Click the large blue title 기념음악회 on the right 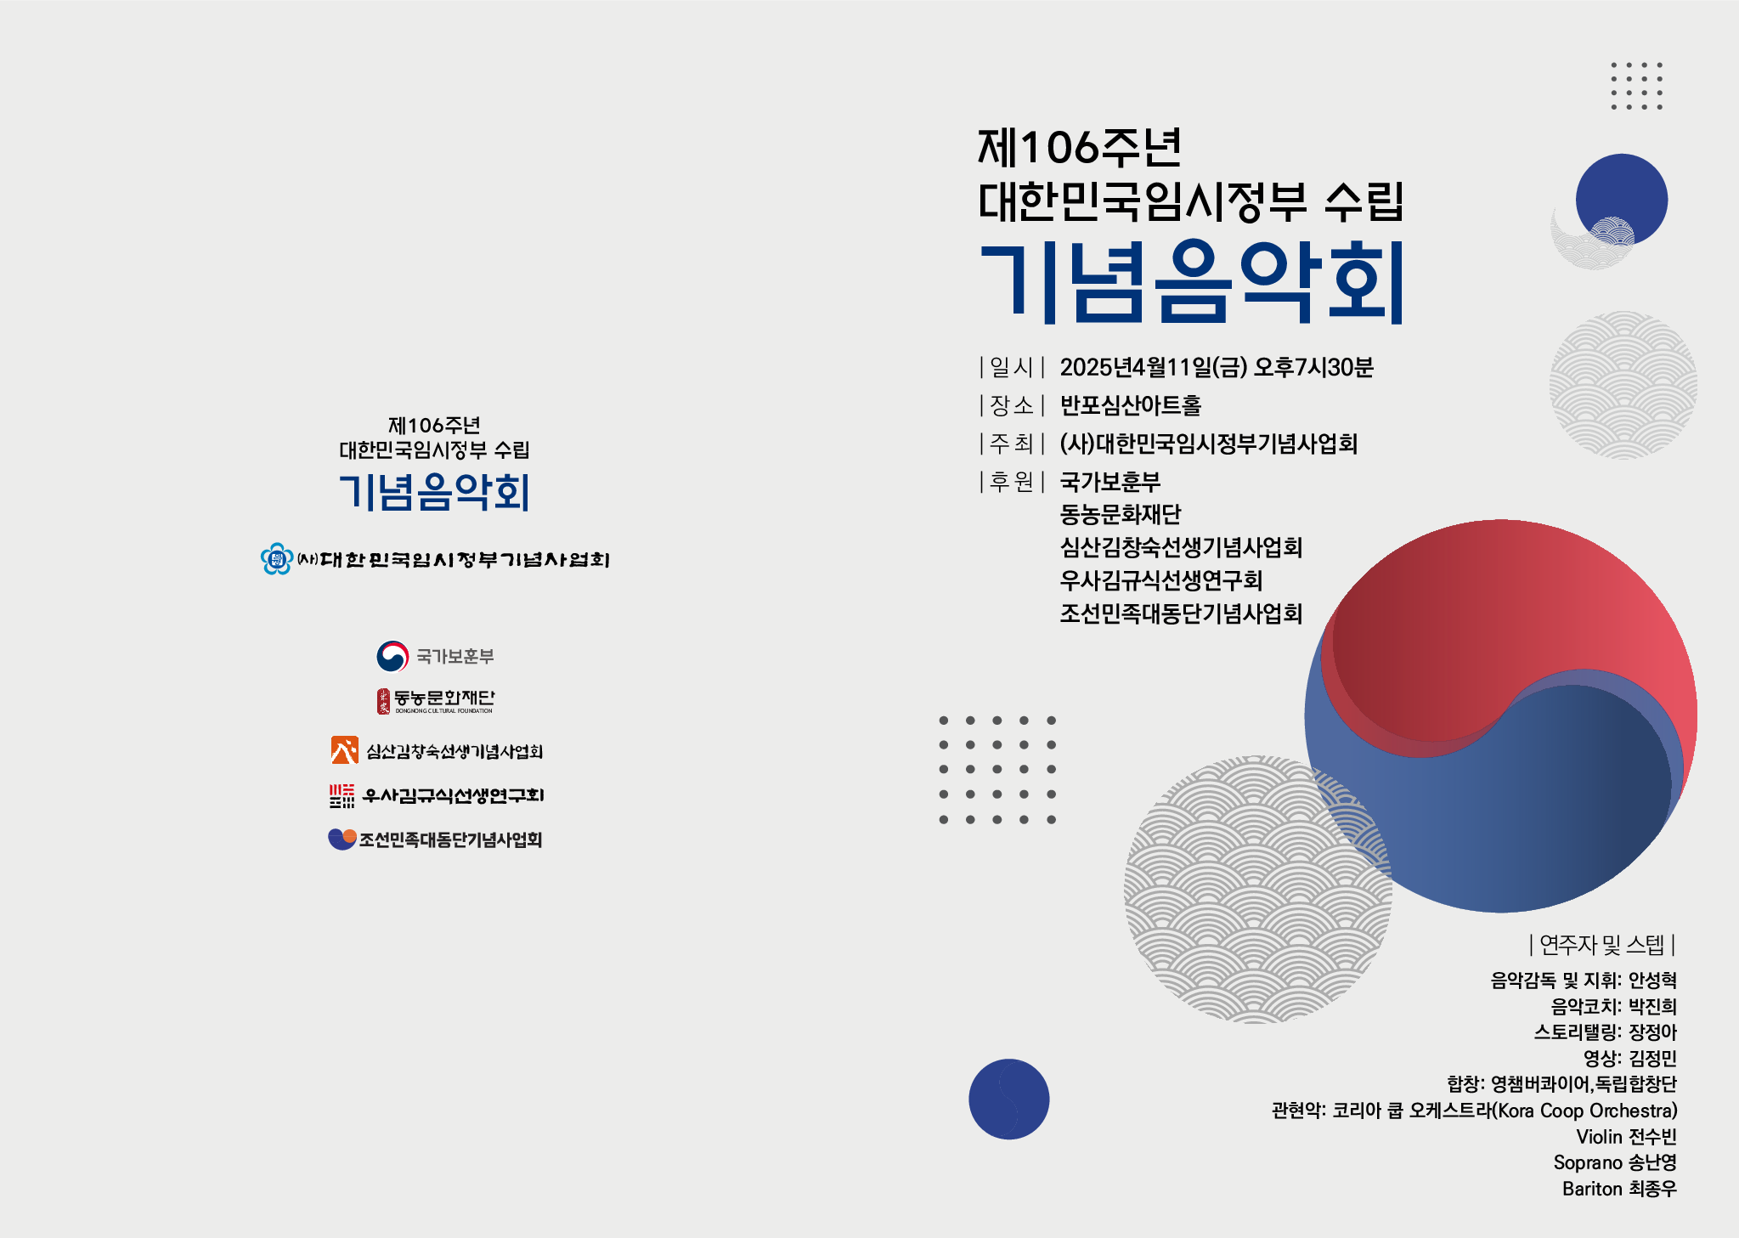[x=1191, y=282]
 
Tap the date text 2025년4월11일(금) [x=1153, y=367]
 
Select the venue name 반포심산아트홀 [x=1130, y=405]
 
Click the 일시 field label [x=1011, y=367]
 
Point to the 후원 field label [x=1011, y=482]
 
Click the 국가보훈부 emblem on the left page [x=392, y=656]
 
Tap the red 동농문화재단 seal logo [x=384, y=701]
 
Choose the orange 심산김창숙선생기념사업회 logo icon [x=344, y=750]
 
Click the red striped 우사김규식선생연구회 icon [x=342, y=795]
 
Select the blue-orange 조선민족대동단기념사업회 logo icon [x=342, y=839]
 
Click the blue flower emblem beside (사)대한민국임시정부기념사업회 [x=276, y=559]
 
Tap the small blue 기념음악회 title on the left [x=434, y=492]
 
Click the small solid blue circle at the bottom [x=1008, y=1099]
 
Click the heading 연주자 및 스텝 [x=1601, y=944]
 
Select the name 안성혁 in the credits [x=1652, y=980]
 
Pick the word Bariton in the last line [x=1592, y=1189]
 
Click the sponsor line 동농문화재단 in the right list [x=1120, y=514]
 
